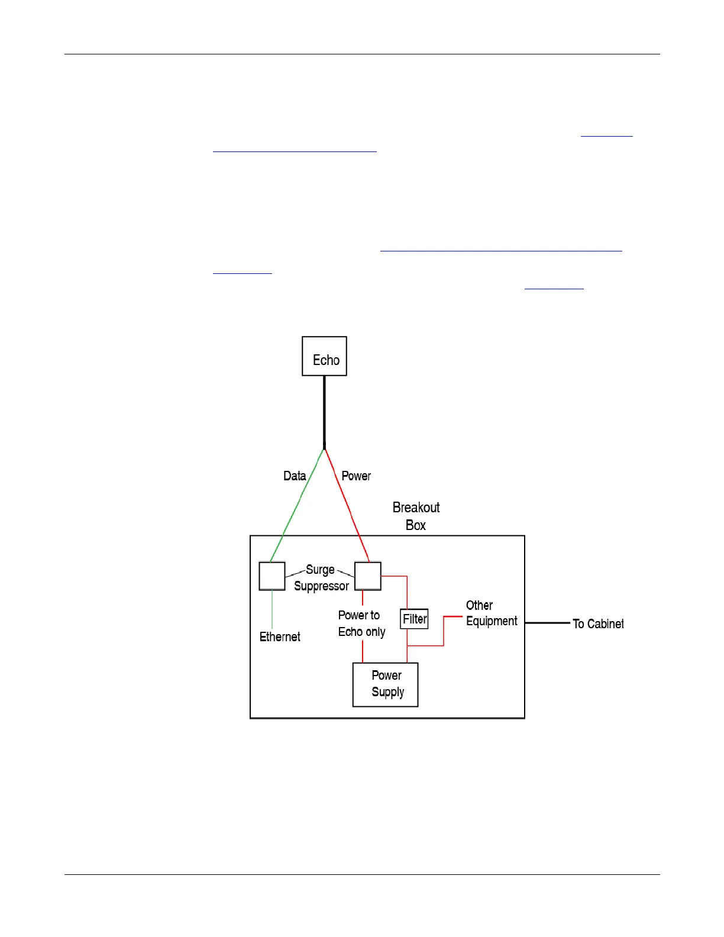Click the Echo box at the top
click(x=324, y=356)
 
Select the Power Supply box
click(x=386, y=684)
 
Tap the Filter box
click(x=414, y=619)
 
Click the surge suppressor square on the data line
click(x=272, y=576)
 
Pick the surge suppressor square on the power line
click(x=367, y=576)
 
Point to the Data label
click(x=295, y=476)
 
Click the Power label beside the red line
click(x=356, y=476)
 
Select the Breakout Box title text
click(x=416, y=516)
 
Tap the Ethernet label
click(x=280, y=636)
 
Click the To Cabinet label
click(x=597, y=623)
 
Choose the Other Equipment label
click(x=491, y=613)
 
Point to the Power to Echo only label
click(x=361, y=623)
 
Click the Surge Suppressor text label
click(x=321, y=578)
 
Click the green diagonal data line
click(x=297, y=505)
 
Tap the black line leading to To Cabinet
click(x=547, y=623)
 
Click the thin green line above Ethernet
click(x=272, y=609)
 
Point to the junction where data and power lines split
click(x=324, y=449)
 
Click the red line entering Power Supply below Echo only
click(x=363, y=652)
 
